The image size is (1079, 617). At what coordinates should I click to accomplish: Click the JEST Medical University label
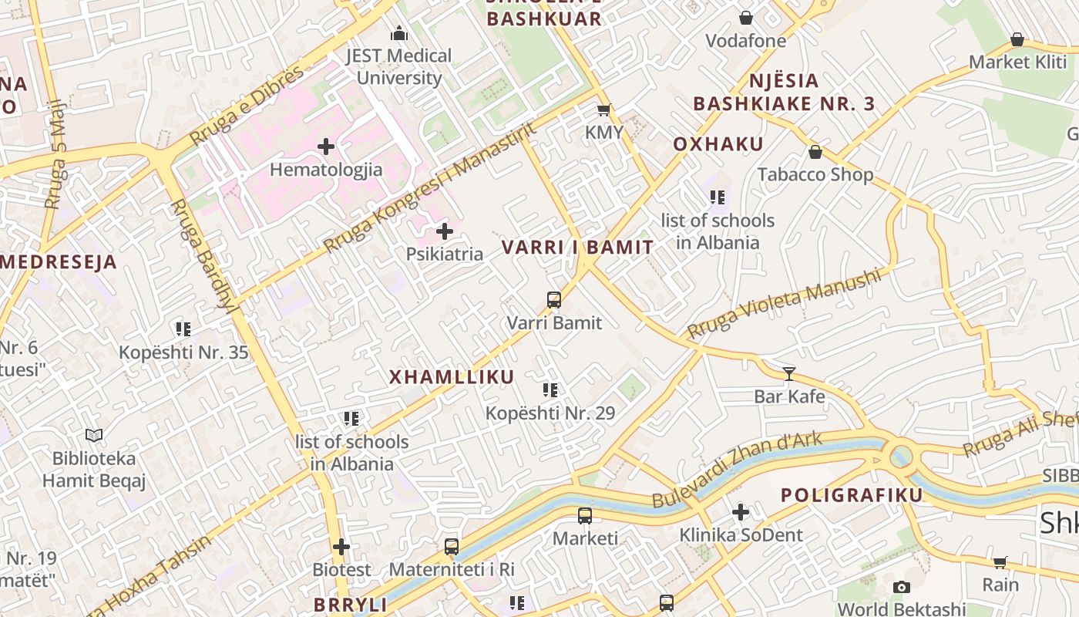(398, 66)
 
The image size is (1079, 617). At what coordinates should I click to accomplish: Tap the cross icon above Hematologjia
(326, 146)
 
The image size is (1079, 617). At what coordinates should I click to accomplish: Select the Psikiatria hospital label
(445, 254)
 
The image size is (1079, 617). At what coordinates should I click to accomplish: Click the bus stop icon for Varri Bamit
(553, 300)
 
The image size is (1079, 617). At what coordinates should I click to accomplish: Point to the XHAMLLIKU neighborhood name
(451, 377)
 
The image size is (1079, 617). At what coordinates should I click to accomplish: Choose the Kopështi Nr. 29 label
(550, 413)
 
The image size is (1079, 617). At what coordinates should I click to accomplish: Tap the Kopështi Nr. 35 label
(183, 353)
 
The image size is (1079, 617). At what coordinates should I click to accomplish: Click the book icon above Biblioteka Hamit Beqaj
(94, 436)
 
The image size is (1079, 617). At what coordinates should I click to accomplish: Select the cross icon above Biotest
(341, 548)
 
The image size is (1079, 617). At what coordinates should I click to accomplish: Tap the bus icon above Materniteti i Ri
(452, 547)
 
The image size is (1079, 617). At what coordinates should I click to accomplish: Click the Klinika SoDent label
(741, 534)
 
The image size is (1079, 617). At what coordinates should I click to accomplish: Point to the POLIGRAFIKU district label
(852, 495)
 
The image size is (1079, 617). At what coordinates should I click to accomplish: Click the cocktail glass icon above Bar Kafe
(789, 374)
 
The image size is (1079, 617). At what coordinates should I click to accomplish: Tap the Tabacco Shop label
(815, 174)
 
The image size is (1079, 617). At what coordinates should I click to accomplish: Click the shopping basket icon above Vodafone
(746, 18)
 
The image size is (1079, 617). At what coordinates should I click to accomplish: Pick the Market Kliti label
(1017, 62)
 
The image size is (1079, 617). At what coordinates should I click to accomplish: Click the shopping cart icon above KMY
(604, 110)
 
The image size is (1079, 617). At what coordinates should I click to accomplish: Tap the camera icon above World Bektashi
(901, 588)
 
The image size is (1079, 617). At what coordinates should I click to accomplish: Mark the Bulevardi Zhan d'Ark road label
(737, 470)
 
